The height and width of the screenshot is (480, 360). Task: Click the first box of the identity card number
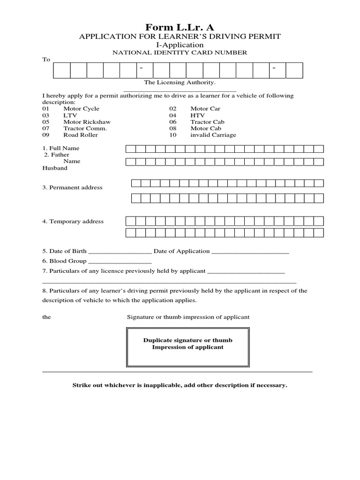(x=62, y=70)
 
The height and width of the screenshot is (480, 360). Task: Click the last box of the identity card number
(x=294, y=70)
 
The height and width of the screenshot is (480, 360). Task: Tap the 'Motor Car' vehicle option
(x=205, y=109)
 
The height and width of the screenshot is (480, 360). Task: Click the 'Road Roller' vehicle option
(x=81, y=135)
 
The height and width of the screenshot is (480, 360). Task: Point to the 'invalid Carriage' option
(x=213, y=135)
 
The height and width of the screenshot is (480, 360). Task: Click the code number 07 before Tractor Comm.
(x=45, y=128)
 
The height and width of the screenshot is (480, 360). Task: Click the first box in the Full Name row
(x=130, y=149)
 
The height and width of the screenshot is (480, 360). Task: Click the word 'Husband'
(x=55, y=168)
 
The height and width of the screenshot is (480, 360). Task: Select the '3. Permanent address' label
(x=72, y=187)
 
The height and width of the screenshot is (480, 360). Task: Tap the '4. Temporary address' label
(x=73, y=221)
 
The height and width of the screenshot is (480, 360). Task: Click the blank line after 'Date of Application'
(x=250, y=252)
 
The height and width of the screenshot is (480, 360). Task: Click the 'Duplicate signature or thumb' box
(x=187, y=347)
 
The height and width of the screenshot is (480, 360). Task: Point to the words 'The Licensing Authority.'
(x=180, y=82)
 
